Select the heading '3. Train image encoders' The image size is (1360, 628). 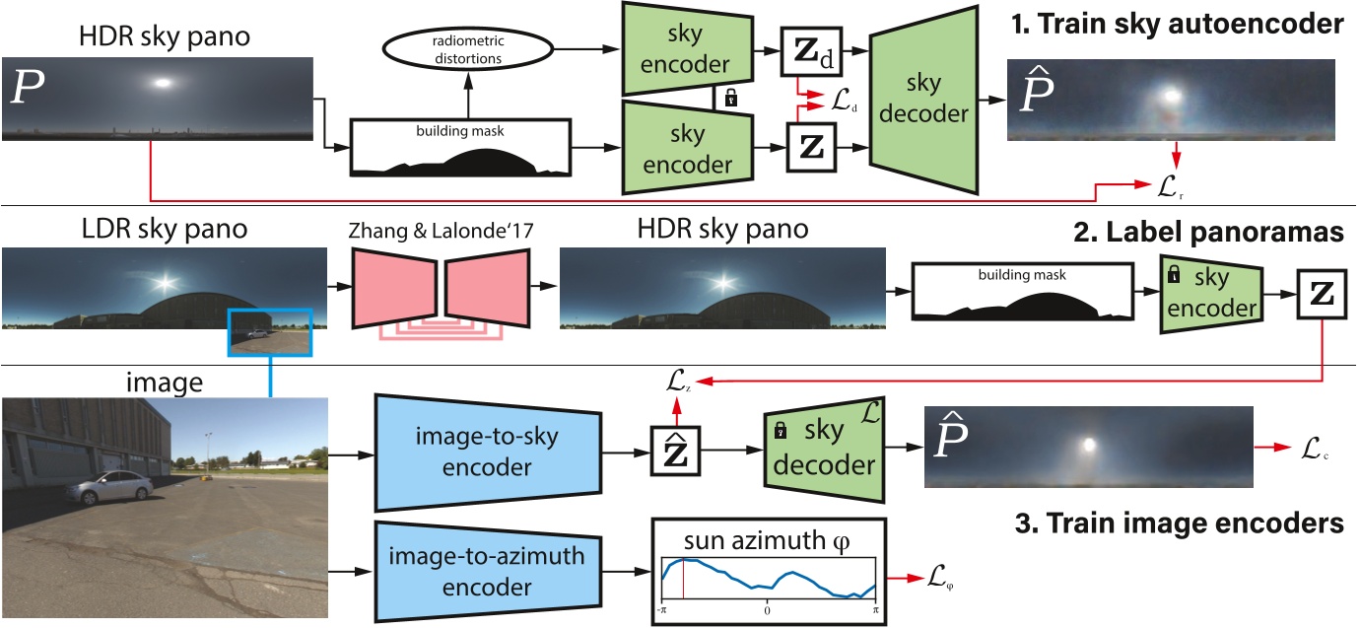point(1181,523)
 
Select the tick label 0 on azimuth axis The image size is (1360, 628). point(768,610)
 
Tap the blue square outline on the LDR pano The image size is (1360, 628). point(270,331)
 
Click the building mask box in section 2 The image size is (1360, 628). point(1013,291)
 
